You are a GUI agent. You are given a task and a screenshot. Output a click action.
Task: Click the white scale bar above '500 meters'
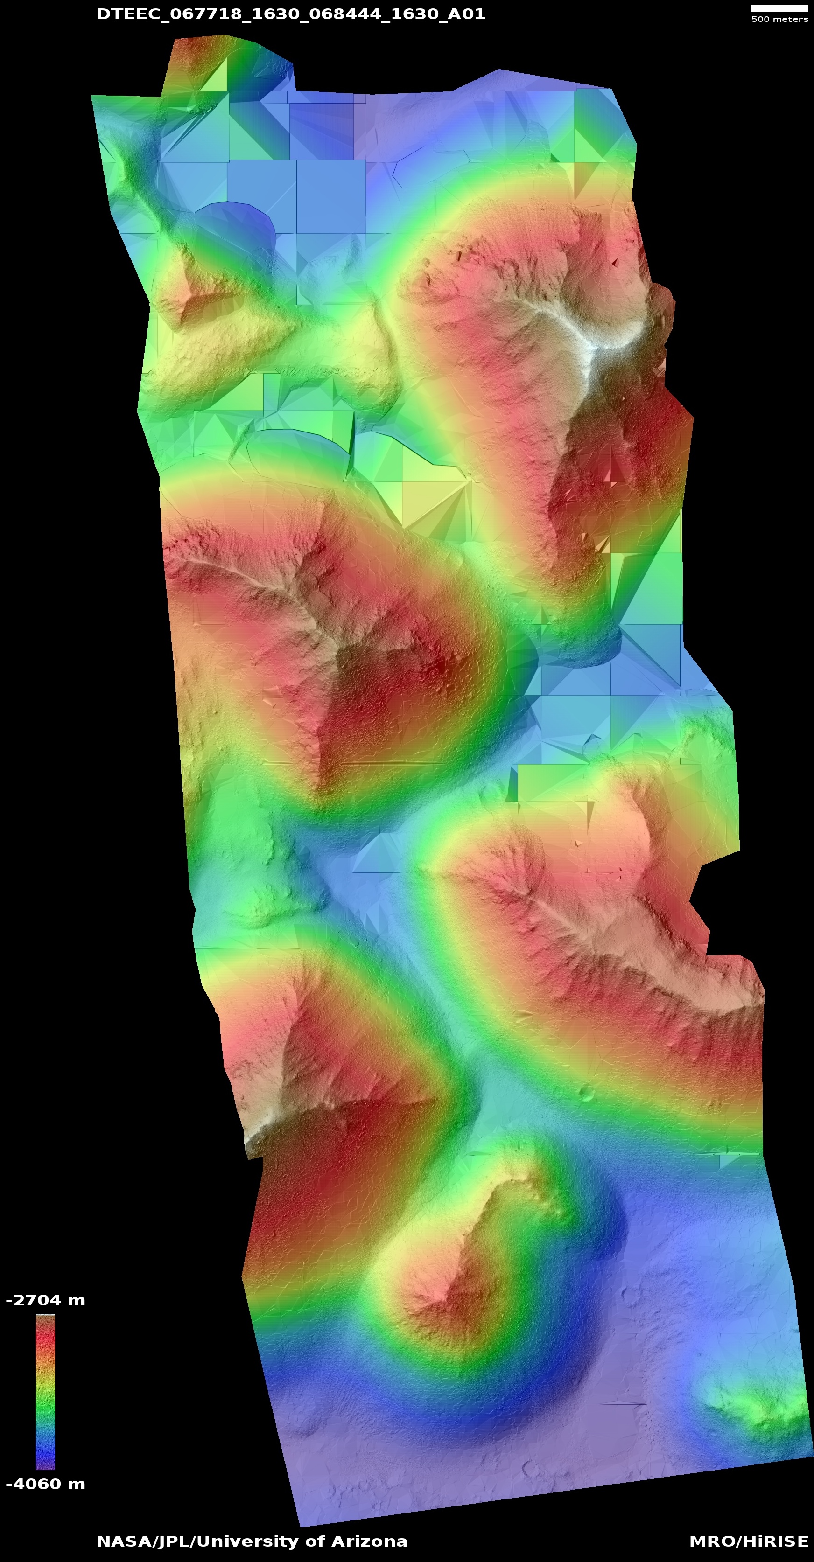(779, 8)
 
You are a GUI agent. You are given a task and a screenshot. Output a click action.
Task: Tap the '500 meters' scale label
(779, 20)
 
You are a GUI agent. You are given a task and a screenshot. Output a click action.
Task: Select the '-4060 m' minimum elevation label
(45, 1484)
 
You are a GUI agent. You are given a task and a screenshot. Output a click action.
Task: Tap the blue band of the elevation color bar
(45, 1446)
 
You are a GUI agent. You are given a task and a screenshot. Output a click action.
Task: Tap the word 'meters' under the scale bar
(790, 20)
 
